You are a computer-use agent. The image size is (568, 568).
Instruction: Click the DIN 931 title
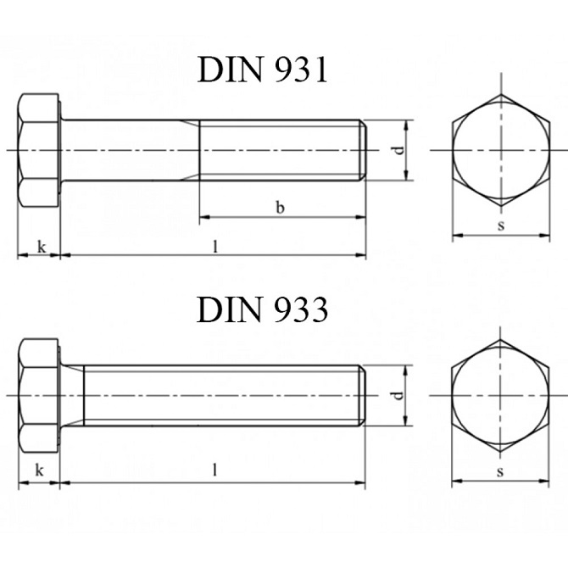click(263, 70)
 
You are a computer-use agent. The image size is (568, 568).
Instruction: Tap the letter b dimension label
click(280, 208)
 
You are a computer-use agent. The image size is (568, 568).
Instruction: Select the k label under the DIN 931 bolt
click(42, 247)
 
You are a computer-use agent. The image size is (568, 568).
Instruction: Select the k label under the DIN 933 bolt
click(40, 471)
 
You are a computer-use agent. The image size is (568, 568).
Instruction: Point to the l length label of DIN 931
click(215, 247)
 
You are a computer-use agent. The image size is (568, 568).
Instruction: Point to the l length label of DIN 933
click(214, 471)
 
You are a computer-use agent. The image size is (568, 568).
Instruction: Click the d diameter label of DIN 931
click(398, 150)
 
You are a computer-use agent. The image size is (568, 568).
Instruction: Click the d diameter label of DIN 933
click(398, 395)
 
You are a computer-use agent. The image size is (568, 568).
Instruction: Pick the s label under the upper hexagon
click(501, 226)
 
